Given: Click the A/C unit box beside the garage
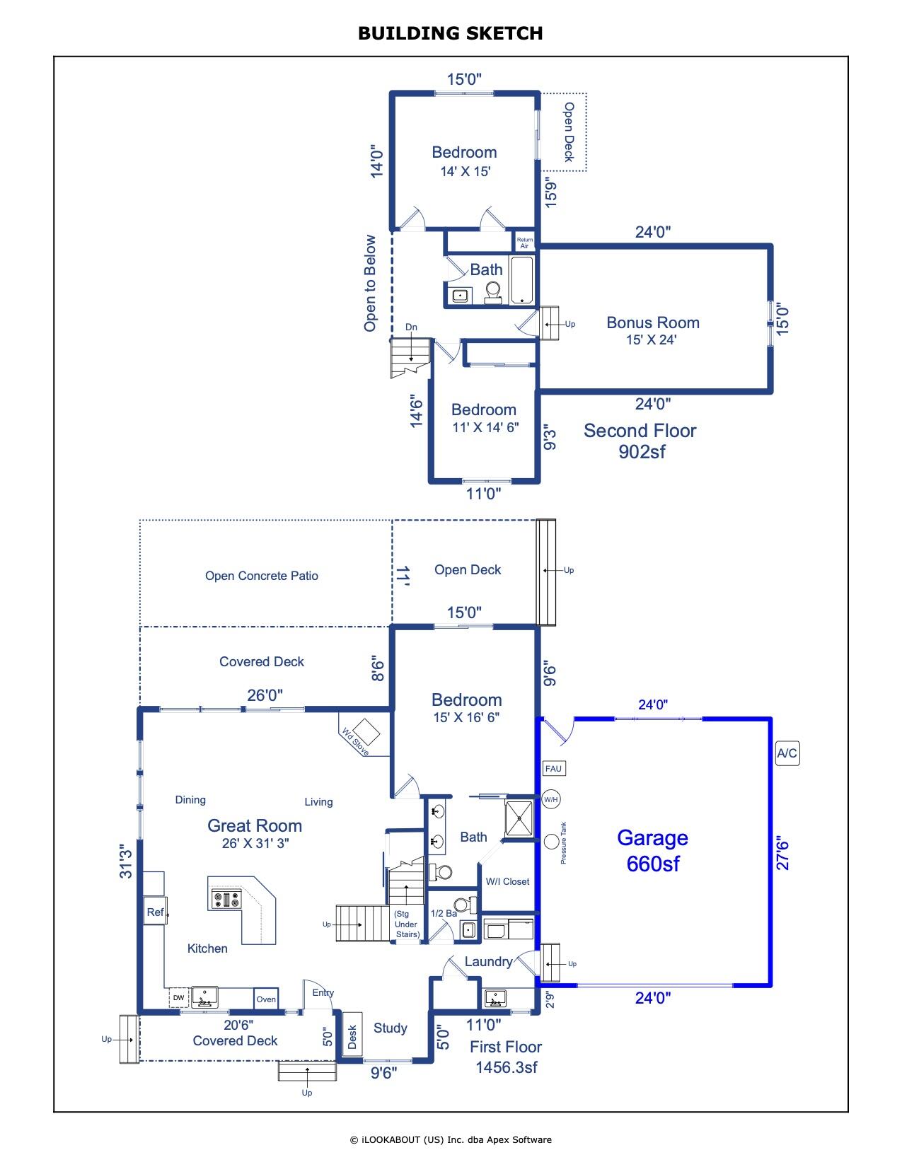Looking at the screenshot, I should (787, 753).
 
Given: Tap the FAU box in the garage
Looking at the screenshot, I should (554, 769).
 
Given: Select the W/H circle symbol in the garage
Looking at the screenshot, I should (551, 800).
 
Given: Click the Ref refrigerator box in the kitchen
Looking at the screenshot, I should (155, 912).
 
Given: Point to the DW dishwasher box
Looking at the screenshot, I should (178, 998).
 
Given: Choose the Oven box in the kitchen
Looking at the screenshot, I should (266, 999).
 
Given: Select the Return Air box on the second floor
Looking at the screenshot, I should (524, 243).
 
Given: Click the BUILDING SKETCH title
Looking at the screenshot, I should (450, 33).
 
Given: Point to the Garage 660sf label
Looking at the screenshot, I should (652, 850).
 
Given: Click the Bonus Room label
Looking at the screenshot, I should (652, 323).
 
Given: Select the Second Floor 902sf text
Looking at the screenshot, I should (640, 441).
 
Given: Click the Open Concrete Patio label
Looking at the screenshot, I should (261, 576).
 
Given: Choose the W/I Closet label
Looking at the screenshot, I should (507, 881).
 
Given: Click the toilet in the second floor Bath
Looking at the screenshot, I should (492, 291).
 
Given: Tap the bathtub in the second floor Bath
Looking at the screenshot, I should (523, 280).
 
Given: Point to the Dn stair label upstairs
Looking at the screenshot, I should (411, 327).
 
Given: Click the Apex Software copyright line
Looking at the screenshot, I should (451, 1139).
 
